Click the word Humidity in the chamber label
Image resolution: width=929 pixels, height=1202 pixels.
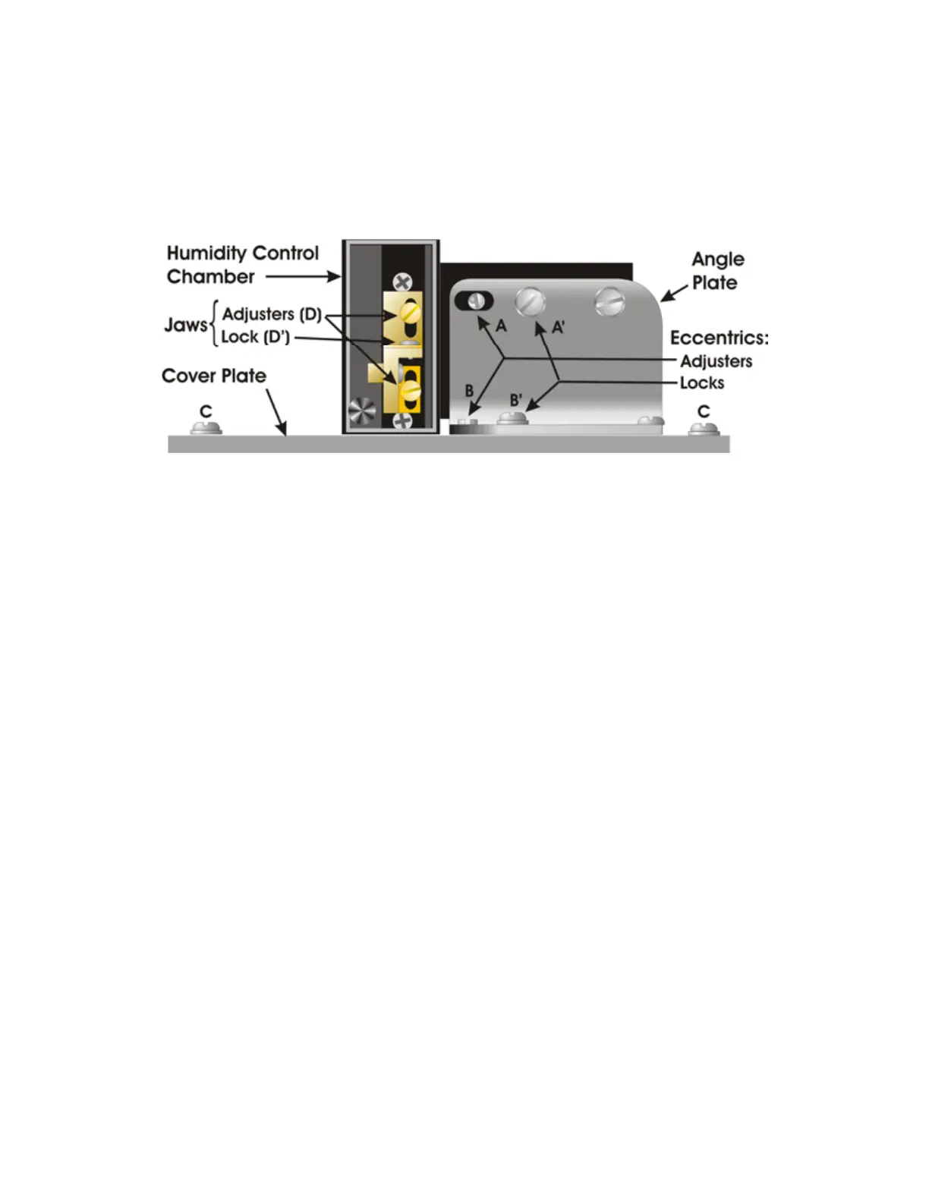200,253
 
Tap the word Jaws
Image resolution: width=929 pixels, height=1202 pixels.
185,326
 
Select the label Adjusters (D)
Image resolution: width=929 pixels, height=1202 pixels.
272,314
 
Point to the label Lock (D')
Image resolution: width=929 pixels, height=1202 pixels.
255,337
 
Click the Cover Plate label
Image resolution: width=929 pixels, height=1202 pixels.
214,376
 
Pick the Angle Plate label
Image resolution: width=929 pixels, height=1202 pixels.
717,271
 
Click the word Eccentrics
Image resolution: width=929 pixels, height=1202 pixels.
718,338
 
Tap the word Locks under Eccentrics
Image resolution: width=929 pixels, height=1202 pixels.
701,383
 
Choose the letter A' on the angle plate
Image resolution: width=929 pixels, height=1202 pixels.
558,328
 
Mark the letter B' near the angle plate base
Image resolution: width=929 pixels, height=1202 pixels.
515,400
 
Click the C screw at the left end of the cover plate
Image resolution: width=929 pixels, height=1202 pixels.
206,428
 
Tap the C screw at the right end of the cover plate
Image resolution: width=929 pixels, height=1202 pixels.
704,429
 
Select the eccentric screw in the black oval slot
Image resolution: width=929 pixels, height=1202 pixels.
476,300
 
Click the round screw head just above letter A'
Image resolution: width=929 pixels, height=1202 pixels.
530,302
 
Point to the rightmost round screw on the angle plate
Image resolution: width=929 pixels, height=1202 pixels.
610,301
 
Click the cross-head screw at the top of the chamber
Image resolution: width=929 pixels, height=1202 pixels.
402,284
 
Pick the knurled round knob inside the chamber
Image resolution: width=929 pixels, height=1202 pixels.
361,412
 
